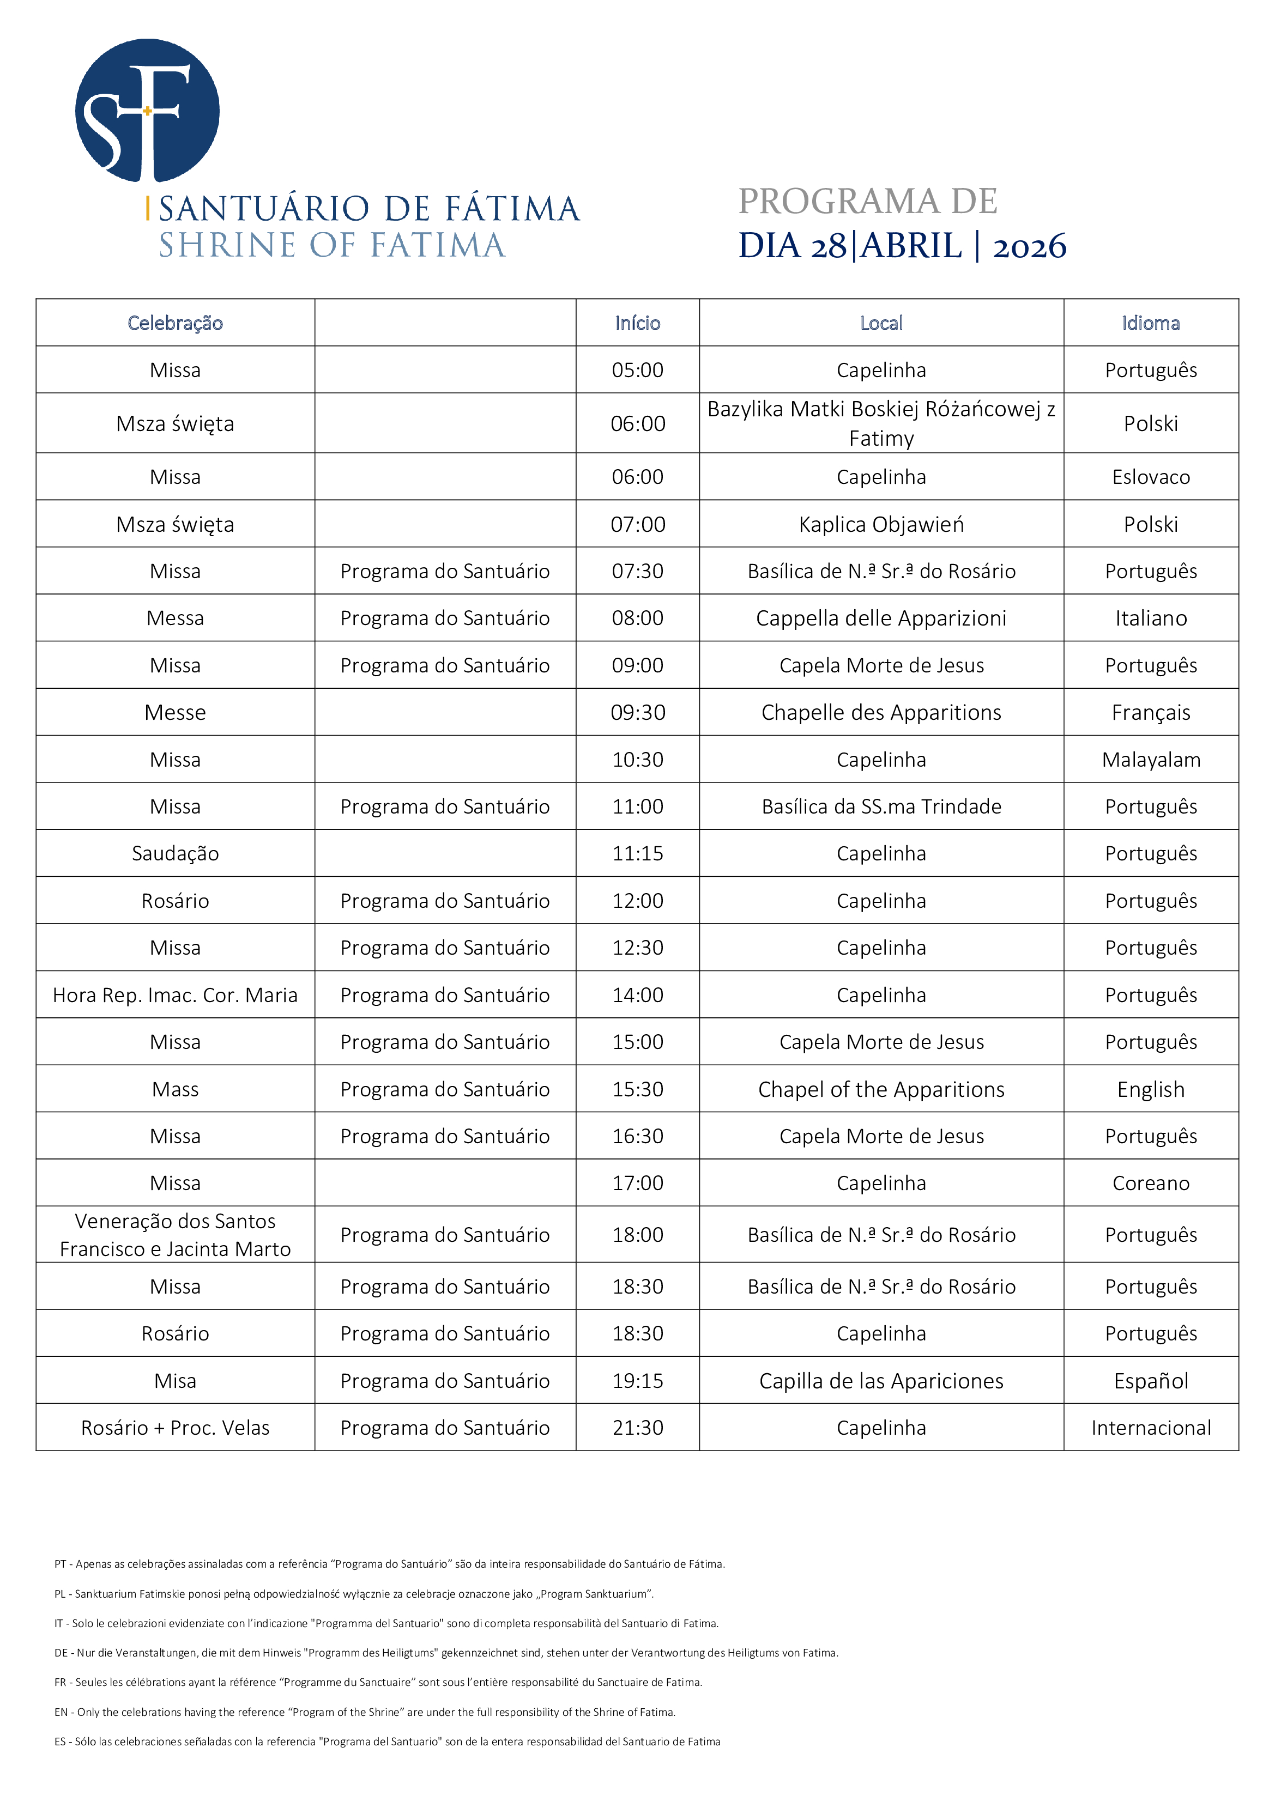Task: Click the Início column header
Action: [638, 323]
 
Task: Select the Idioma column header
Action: [1150, 323]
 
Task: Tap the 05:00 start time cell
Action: [638, 369]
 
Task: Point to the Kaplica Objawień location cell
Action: [881, 524]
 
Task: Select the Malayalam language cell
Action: [1150, 760]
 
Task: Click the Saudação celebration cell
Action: [175, 853]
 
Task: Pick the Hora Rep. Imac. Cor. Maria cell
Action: [175, 995]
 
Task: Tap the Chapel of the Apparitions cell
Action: [881, 1089]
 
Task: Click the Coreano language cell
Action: [1150, 1183]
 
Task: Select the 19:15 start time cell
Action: [638, 1381]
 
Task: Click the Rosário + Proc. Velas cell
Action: [175, 1428]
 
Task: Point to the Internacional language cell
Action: [1150, 1428]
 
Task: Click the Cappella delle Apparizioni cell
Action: [881, 618]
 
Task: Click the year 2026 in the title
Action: [1029, 246]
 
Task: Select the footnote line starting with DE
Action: [446, 1653]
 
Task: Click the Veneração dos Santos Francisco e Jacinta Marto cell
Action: [175, 1235]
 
